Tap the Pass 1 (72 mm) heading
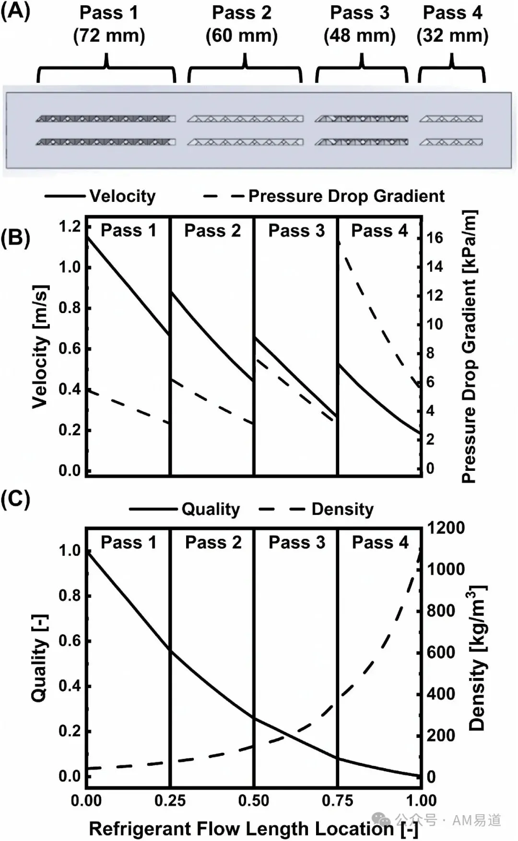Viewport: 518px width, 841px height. pos(109,24)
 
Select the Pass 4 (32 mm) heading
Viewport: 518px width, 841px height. pos(452,24)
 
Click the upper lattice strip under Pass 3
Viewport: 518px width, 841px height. pos(362,119)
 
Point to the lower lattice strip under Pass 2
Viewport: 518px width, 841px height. pos(245,142)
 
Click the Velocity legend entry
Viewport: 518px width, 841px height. pos(100,196)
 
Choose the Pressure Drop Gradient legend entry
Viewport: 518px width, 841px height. pos(324,196)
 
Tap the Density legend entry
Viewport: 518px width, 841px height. pos(316,509)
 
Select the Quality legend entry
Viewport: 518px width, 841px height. pos(184,509)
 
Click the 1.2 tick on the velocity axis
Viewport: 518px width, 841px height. pos(70,226)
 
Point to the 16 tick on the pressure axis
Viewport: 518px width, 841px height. pos(435,238)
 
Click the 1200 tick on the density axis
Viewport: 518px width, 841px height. pos(446,528)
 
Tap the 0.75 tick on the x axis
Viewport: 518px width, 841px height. pos(338,800)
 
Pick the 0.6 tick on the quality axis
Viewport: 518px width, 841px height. pos(70,641)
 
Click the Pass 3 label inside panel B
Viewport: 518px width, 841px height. pos(296,231)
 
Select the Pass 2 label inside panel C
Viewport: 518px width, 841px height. pos(213,542)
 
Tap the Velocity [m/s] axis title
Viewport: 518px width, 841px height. pos(40,347)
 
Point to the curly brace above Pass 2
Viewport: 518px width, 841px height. pos(245,67)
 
